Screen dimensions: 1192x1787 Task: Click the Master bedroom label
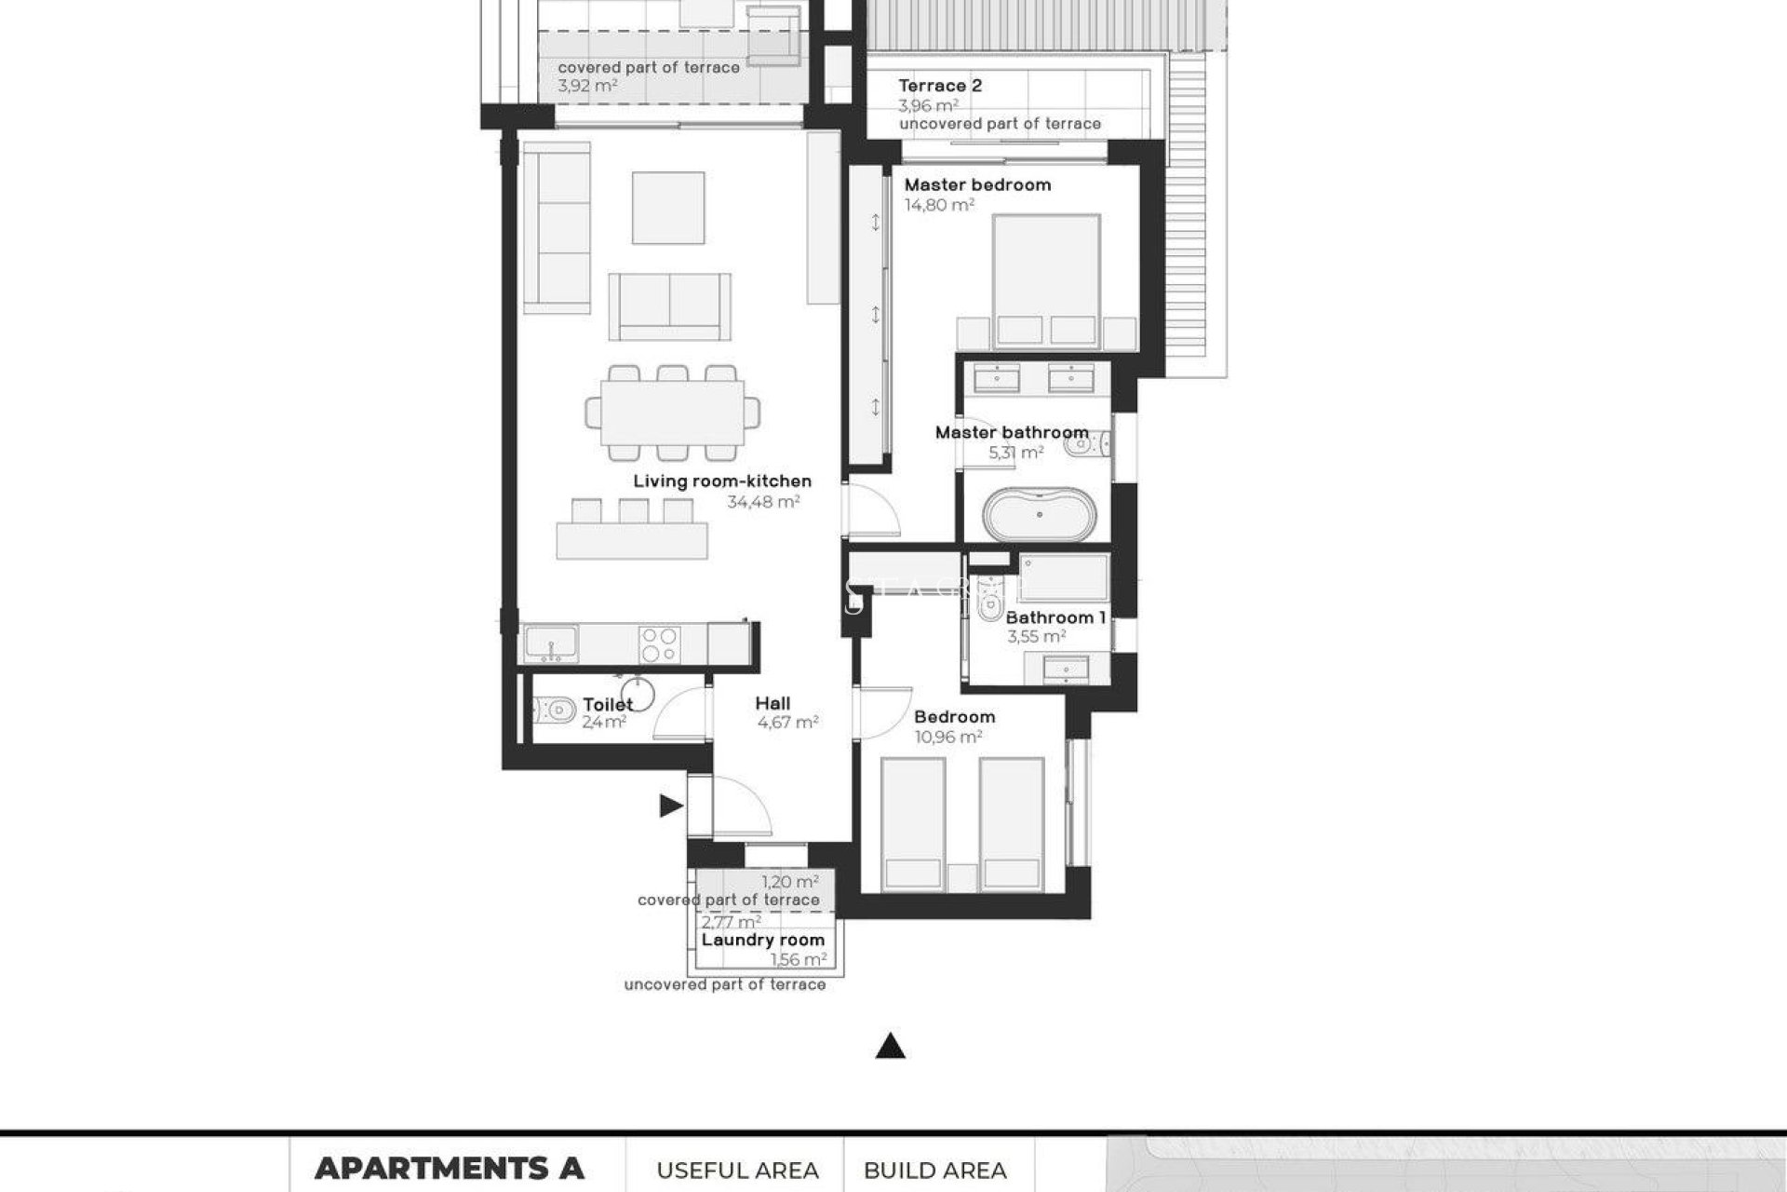(x=977, y=184)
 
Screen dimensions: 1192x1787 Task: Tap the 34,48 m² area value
(x=763, y=502)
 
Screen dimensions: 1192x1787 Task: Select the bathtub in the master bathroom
(x=1040, y=515)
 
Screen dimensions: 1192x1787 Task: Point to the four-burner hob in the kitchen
(x=660, y=643)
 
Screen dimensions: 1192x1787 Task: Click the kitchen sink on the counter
(x=550, y=643)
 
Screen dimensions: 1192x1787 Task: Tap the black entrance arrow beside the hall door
(x=671, y=806)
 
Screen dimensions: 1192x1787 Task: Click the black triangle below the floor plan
(x=891, y=1047)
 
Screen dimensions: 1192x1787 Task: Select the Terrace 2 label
(x=940, y=86)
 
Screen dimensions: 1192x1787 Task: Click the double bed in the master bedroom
(x=1046, y=279)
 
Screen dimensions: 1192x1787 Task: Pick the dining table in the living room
(x=672, y=413)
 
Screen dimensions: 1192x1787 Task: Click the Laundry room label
(x=762, y=940)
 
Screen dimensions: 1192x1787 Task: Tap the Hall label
(x=773, y=703)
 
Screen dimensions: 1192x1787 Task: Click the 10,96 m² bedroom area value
(x=948, y=737)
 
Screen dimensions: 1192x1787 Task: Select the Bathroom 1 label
(x=1055, y=617)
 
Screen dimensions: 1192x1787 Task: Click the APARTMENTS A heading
(x=449, y=1168)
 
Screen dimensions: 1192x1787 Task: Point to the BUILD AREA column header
(x=934, y=1171)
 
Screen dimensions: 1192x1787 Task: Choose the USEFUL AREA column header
(x=737, y=1171)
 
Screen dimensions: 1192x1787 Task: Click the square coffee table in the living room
(x=667, y=208)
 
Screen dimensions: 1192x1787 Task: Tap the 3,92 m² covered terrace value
(x=587, y=86)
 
